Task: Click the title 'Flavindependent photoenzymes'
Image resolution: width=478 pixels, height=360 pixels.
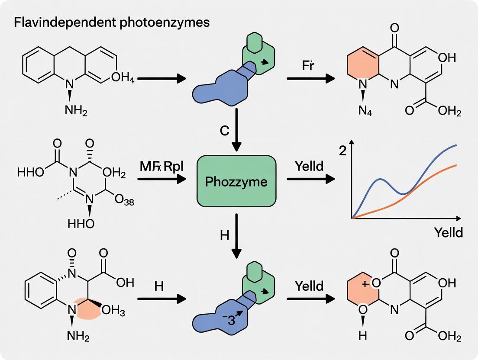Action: (x=112, y=22)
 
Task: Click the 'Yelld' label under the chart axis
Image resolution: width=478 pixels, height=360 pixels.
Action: (x=448, y=232)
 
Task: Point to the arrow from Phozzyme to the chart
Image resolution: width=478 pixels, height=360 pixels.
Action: (x=310, y=178)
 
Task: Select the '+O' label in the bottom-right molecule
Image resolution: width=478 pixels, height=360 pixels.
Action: (x=371, y=284)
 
